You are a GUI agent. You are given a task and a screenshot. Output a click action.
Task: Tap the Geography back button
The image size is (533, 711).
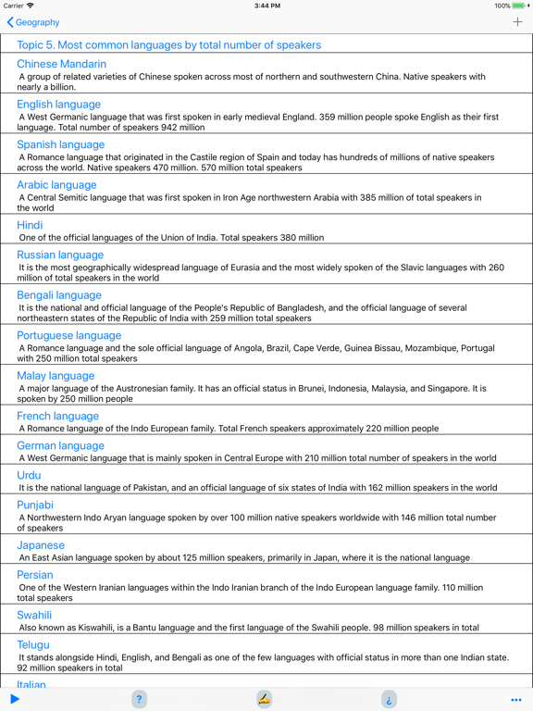coord(33,22)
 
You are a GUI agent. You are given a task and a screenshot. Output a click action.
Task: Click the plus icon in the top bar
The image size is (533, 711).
coord(517,22)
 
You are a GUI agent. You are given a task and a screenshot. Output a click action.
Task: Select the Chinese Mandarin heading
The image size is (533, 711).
coord(61,64)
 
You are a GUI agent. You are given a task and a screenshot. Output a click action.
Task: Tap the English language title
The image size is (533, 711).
coord(58,105)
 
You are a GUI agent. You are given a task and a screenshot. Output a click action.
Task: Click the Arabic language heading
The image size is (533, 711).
coord(56,185)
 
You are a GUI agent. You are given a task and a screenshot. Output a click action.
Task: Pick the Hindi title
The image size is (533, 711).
coord(30,225)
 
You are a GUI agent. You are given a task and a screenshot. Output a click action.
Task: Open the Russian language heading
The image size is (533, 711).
coord(60,255)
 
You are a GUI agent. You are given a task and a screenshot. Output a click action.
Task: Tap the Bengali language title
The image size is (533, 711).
coord(59,295)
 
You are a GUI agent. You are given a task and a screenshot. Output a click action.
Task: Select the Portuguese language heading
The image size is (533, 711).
coord(68,335)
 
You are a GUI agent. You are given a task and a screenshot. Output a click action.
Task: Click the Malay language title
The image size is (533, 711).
coord(56,376)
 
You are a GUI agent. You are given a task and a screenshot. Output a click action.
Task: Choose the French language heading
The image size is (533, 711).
coord(57,416)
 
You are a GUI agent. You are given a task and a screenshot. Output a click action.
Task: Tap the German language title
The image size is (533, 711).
coord(61,445)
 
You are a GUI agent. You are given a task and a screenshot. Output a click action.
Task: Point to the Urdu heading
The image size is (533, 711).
coord(29,475)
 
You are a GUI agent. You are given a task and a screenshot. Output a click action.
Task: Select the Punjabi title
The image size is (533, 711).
coord(35,505)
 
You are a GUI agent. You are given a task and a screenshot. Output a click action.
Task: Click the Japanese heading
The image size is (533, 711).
coord(41,545)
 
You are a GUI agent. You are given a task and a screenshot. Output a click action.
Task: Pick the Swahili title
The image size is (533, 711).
coord(35,615)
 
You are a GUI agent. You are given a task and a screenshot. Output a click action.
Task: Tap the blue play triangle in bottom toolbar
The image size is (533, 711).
coord(15,699)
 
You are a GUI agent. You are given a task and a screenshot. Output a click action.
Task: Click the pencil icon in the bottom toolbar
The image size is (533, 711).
coord(265,699)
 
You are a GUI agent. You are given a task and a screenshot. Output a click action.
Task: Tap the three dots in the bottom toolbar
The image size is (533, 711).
coord(516,700)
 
